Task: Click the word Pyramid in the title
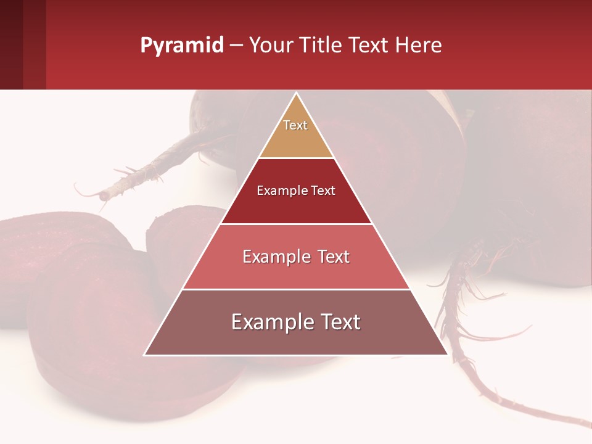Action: pos(182,45)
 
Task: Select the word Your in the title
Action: pos(271,45)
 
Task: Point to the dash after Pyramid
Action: pos(236,46)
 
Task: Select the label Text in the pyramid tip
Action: pos(295,125)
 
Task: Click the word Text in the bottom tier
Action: pos(340,323)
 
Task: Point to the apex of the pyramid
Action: pos(297,94)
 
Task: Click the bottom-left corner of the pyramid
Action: pos(146,354)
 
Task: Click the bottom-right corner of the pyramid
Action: pos(446,354)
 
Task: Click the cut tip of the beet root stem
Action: pos(103,195)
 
